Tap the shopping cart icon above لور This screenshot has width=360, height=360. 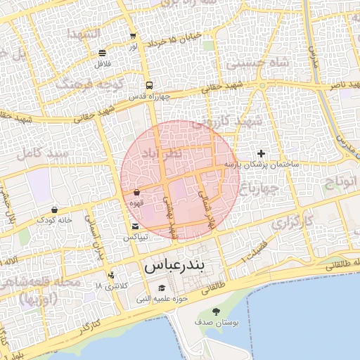(x=133, y=36)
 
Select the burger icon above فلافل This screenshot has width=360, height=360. (x=103, y=53)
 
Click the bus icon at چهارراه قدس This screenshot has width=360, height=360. (x=148, y=85)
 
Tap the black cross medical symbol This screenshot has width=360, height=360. (x=261, y=153)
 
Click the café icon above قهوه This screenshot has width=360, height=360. (x=136, y=192)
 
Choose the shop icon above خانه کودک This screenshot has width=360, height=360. (x=55, y=210)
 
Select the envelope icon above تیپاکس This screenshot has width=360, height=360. (x=135, y=226)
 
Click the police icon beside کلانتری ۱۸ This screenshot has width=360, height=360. (x=111, y=275)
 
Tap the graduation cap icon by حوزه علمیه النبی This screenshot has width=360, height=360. (x=162, y=288)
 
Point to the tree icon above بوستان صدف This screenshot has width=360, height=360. (x=216, y=311)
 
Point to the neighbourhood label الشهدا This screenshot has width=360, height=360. (x=82, y=33)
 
